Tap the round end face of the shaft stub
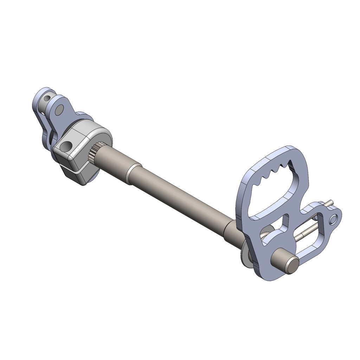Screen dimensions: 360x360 (291, 265)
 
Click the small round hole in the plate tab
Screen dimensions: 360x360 (333, 219)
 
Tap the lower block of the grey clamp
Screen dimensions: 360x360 (76, 176)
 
